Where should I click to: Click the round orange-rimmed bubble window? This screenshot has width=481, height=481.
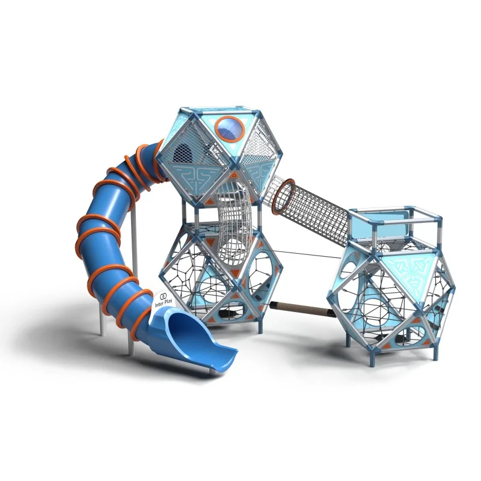coord(230,129)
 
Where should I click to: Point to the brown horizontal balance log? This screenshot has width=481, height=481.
coord(300,308)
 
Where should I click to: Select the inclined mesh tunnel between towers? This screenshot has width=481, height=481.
coord(310,209)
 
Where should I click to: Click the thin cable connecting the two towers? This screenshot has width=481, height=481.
coord(307,254)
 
